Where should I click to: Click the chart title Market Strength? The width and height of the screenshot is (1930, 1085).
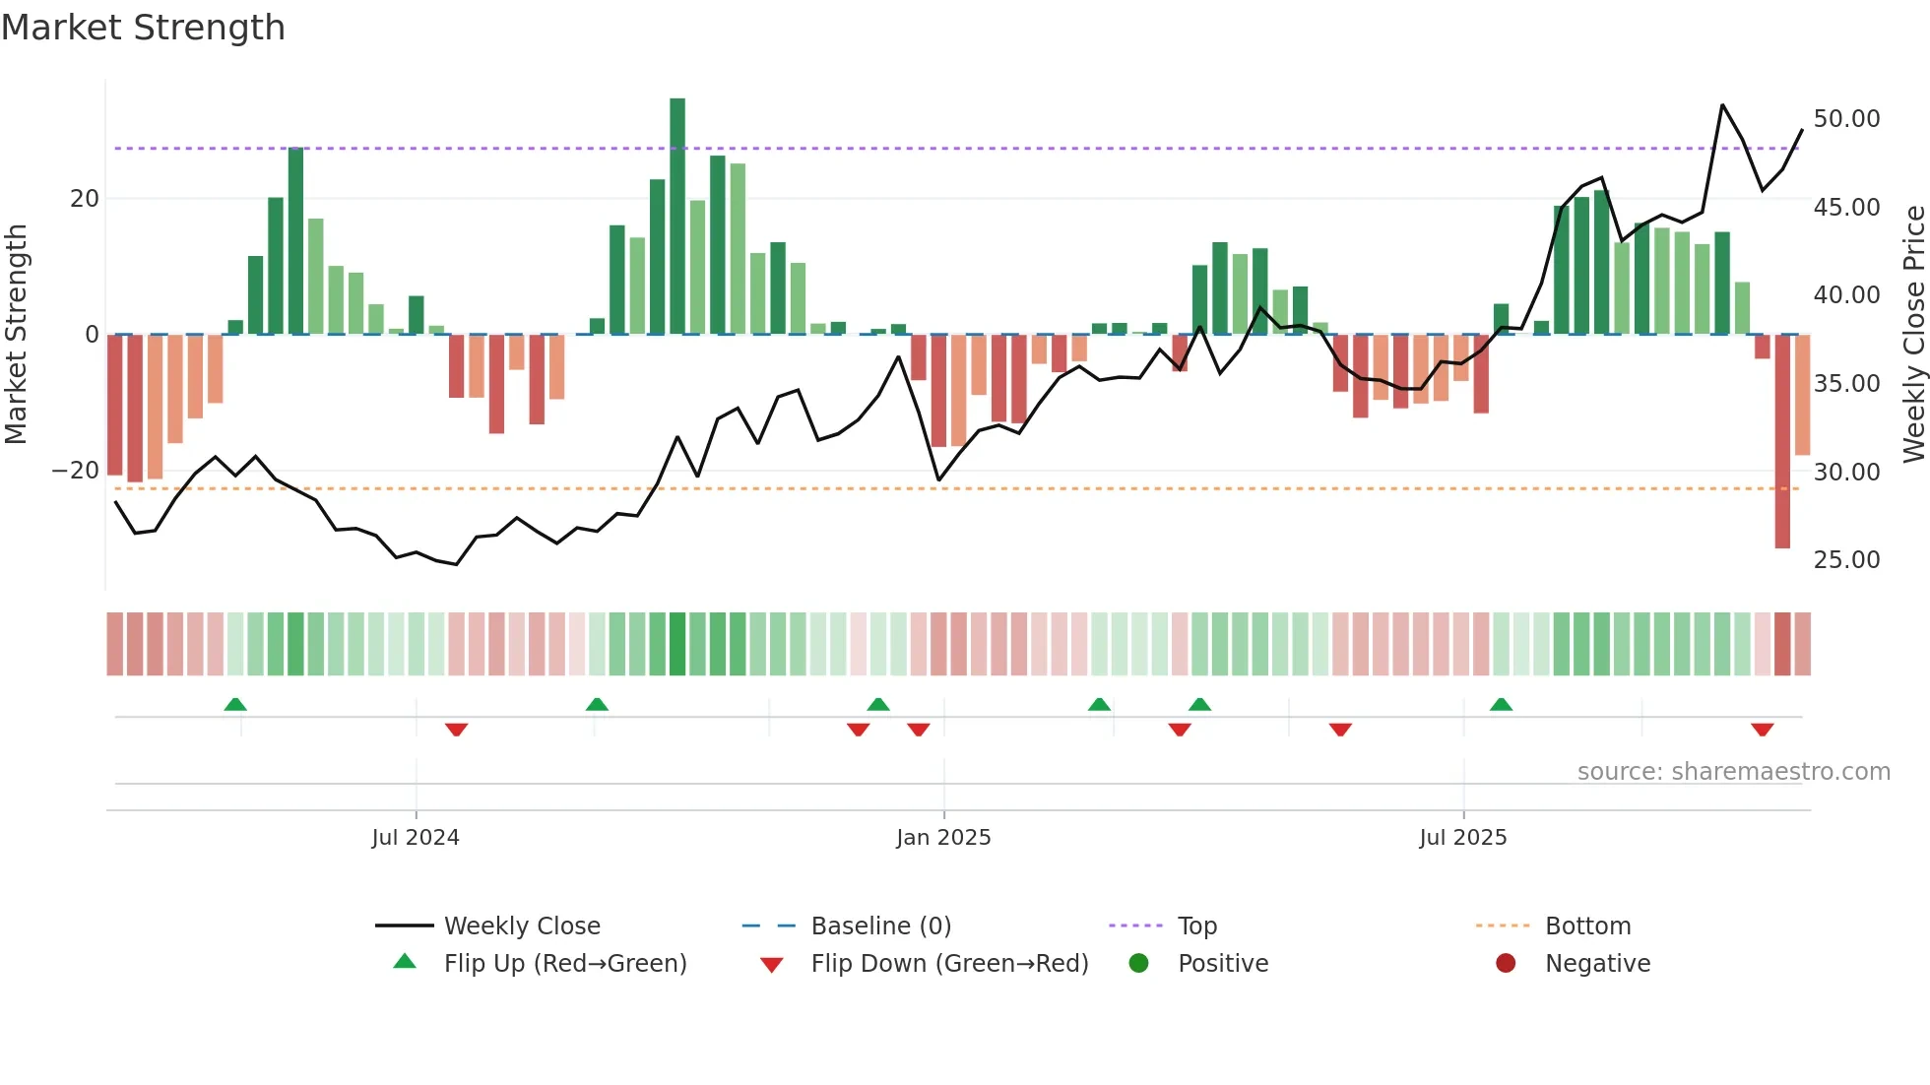[x=143, y=28]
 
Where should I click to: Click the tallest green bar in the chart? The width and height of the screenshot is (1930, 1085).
[x=677, y=217]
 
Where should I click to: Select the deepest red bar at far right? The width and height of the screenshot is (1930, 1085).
[x=1782, y=443]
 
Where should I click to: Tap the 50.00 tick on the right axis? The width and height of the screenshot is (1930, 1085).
[x=1846, y=119]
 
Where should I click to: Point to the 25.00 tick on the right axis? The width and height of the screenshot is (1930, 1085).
[x=1846, y=560]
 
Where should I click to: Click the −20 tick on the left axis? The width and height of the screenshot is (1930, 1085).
[x=76, y=471]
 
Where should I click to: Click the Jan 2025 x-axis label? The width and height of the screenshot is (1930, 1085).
[x=943, y=838]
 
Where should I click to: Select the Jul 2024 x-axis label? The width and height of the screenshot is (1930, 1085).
[x=416, y=838]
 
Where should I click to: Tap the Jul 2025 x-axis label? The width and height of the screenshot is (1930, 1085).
[x=1463, y=838]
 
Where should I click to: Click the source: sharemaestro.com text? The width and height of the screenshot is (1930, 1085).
[x=1733, y=772]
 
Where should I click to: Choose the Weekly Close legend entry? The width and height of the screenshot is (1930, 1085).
[x=521, y=926]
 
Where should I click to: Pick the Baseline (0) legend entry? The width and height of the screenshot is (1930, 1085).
[x=880, y=926]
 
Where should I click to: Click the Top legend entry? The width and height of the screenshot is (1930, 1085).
[x=1196, y=926]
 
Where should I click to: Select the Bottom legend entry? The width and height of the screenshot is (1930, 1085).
[x=1587, y=926]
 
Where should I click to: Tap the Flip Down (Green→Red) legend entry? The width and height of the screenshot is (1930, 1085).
[x=949, y=964]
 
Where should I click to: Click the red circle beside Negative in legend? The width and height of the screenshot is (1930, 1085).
[x=1506, y=964]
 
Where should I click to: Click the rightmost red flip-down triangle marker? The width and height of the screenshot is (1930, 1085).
[x=1763, y=730]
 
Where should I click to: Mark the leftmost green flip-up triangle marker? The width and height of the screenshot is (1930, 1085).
[x=235, y=704]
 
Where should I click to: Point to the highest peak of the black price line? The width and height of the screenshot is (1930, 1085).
[x=1722, y=105]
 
